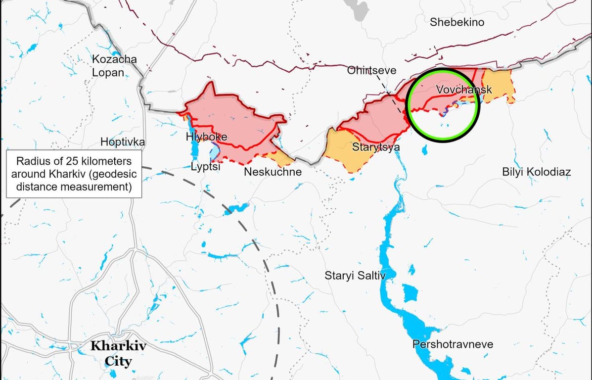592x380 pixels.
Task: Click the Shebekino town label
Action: point(456,22)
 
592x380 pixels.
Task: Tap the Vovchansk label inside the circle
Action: point(457,90)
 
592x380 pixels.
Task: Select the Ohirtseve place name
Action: point(371,70)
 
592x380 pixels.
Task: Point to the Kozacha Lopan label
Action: point(114,66)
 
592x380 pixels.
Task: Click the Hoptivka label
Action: point(123,142)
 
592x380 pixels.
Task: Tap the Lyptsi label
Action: point(205,167)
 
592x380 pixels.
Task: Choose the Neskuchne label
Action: point(273,172)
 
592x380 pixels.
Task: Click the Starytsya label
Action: point(376,147)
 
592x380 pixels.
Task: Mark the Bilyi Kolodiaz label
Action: point(536,172)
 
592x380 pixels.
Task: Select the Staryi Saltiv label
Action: point(355,276)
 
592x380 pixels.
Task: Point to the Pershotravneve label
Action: point(453,344)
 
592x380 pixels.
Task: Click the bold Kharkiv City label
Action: point(118,353)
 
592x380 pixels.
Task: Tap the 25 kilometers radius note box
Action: point(74,174)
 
